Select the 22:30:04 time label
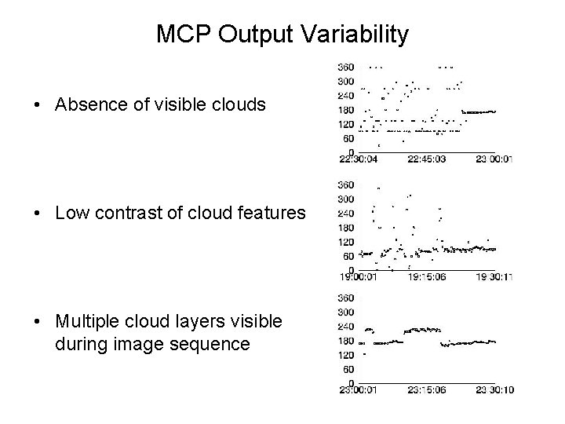pyautogui.click(x=357, y=159)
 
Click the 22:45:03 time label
pyautogui.click(x=428, y=159)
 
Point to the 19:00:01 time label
pyautogui.click(x=357, y=276)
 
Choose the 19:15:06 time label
pyautogui.click(x=428, y=276)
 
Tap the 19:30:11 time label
pyautogui.click(x=495, y=276)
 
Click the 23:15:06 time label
pyautogui.click(x=428, y=389)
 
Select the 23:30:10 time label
pyautogui.click(x=495, y=389)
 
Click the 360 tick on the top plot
pyautogui.click(x=344, y=67)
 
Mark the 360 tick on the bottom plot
pyautogui.click(x=344, y=298)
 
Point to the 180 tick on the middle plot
pyautogui.click(x=344, y=227)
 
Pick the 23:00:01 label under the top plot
pyautogui.click(x=495, y=159)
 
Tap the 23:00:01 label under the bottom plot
pyautogui.click(x=357, y=389)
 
